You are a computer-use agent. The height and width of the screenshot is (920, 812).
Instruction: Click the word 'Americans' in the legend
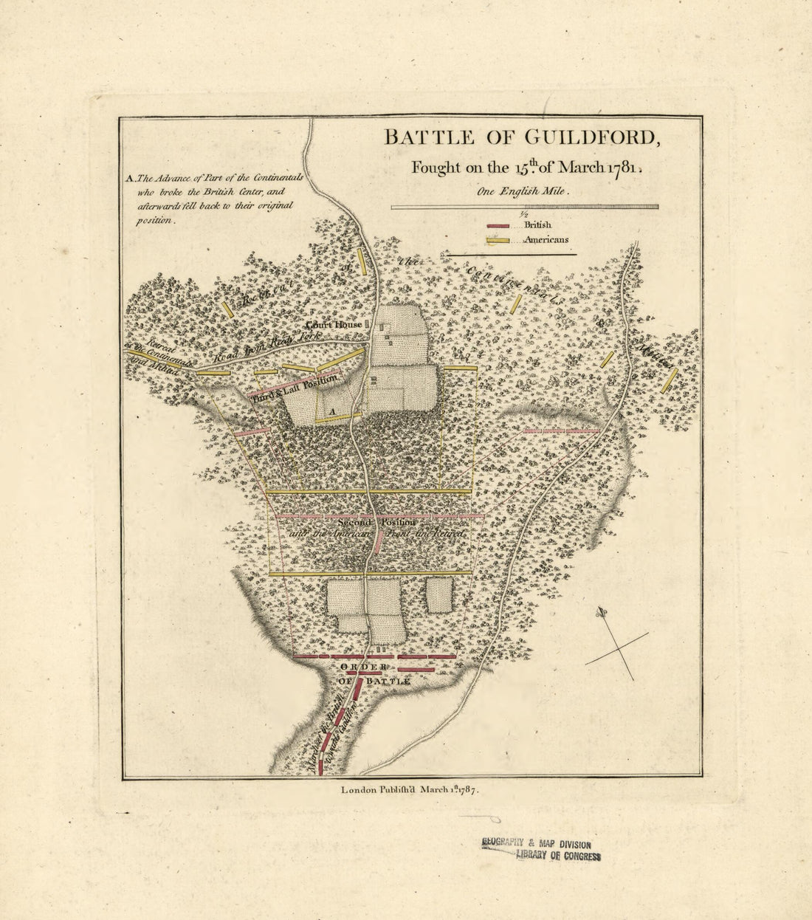tap(546, 240)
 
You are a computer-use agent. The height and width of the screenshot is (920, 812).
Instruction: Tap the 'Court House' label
tap(334, 324)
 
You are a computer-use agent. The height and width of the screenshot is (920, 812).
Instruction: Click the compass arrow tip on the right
tap(601, 611)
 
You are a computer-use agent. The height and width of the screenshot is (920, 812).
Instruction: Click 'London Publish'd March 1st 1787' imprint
tap(410, 789)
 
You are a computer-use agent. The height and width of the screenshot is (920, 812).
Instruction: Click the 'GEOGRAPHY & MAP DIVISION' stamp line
tap(536, 843)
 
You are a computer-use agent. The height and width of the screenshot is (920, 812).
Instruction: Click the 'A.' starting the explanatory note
tap(131, 178)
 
